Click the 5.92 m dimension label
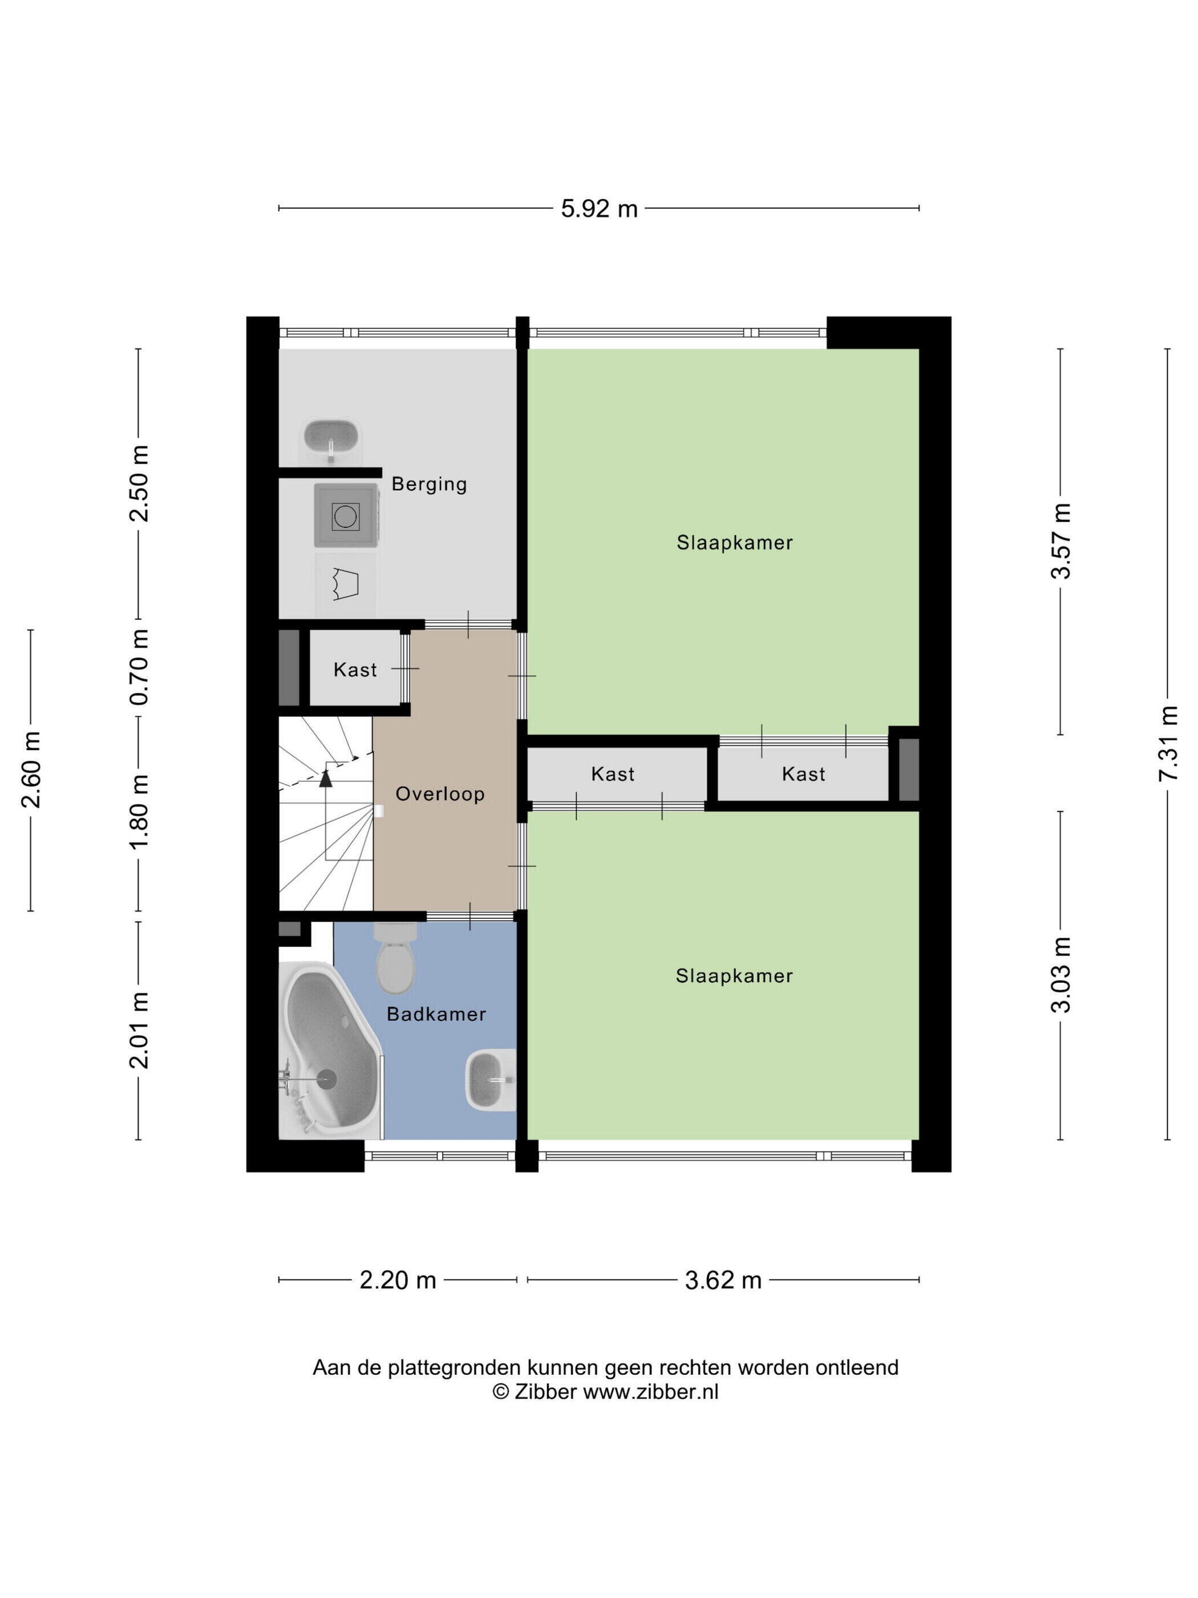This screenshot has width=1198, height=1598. [x=600, y=209]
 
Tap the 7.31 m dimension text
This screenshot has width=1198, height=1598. [x=1168, y=742]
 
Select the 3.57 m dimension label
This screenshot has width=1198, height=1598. [x=1061, y=540]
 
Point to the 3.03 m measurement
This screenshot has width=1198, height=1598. [x=1061, y=975]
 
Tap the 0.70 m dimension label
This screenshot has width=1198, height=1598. [x=139, y=667]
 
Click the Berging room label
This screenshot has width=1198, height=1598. [x=429, y=484]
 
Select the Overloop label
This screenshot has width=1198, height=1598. [x=440, y=794]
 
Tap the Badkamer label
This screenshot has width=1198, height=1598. [x=436, y=1014]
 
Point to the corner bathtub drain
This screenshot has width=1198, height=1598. [x=327, y=1079]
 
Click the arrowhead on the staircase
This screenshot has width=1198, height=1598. [x=326, y=778]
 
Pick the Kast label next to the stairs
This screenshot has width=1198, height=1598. [x=355, y=669]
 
